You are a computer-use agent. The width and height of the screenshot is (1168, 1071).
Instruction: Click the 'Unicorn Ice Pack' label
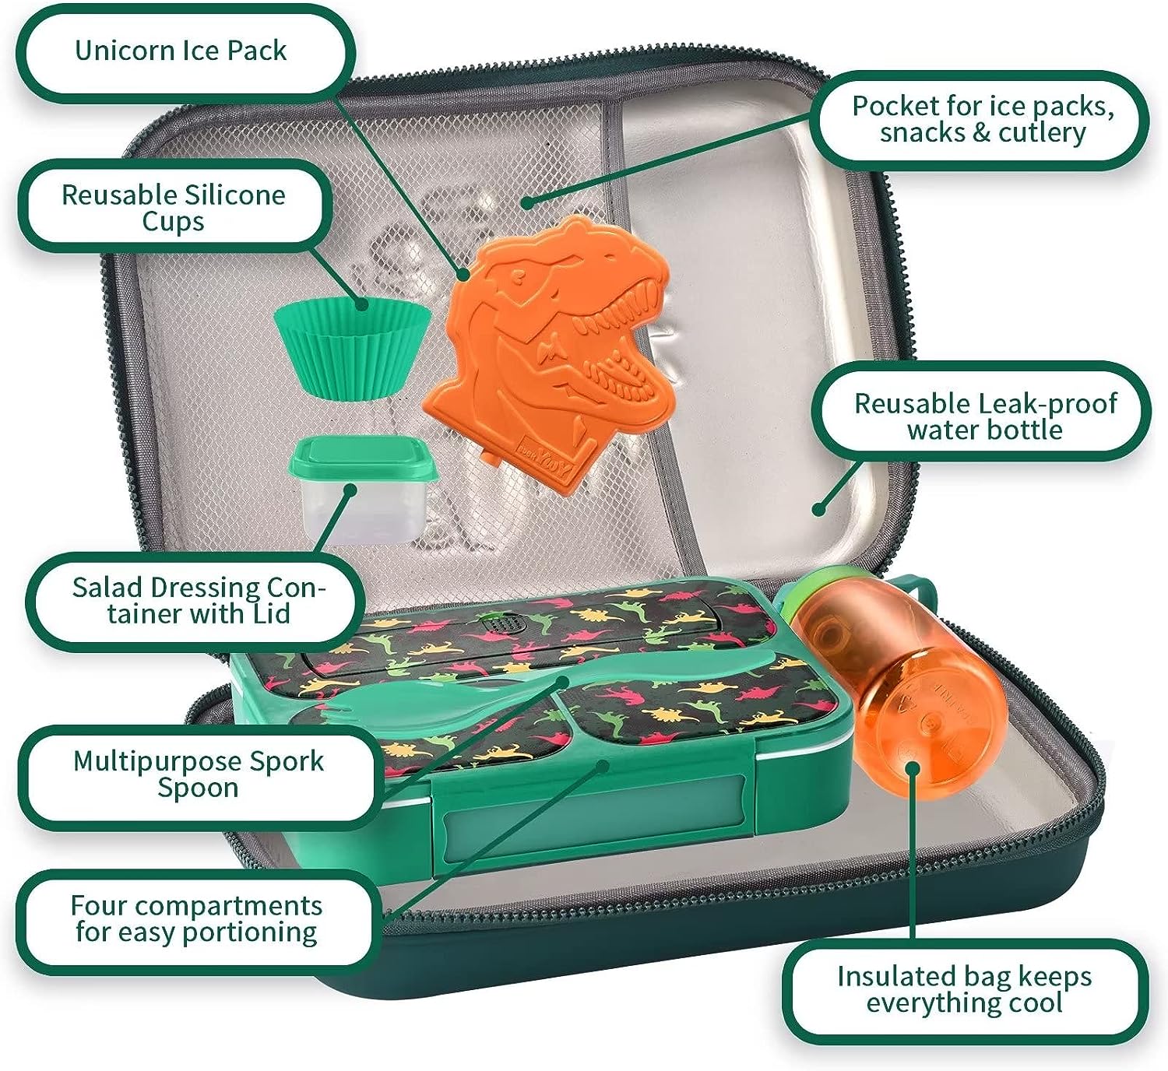(181, 51)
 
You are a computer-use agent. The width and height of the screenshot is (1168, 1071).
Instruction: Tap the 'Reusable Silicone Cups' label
(173, 208)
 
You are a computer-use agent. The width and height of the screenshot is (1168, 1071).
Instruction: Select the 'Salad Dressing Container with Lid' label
(198, 600)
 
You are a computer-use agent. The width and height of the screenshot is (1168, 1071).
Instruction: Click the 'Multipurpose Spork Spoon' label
(198, 774)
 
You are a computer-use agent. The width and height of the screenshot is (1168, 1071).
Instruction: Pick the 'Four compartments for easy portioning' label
(195, 919)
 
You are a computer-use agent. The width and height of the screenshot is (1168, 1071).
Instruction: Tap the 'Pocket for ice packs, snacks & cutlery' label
(983, 119)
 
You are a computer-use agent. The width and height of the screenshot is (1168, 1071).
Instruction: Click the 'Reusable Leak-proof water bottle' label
(985, 416)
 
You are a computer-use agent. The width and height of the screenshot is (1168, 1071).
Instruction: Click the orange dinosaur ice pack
(547, 355)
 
